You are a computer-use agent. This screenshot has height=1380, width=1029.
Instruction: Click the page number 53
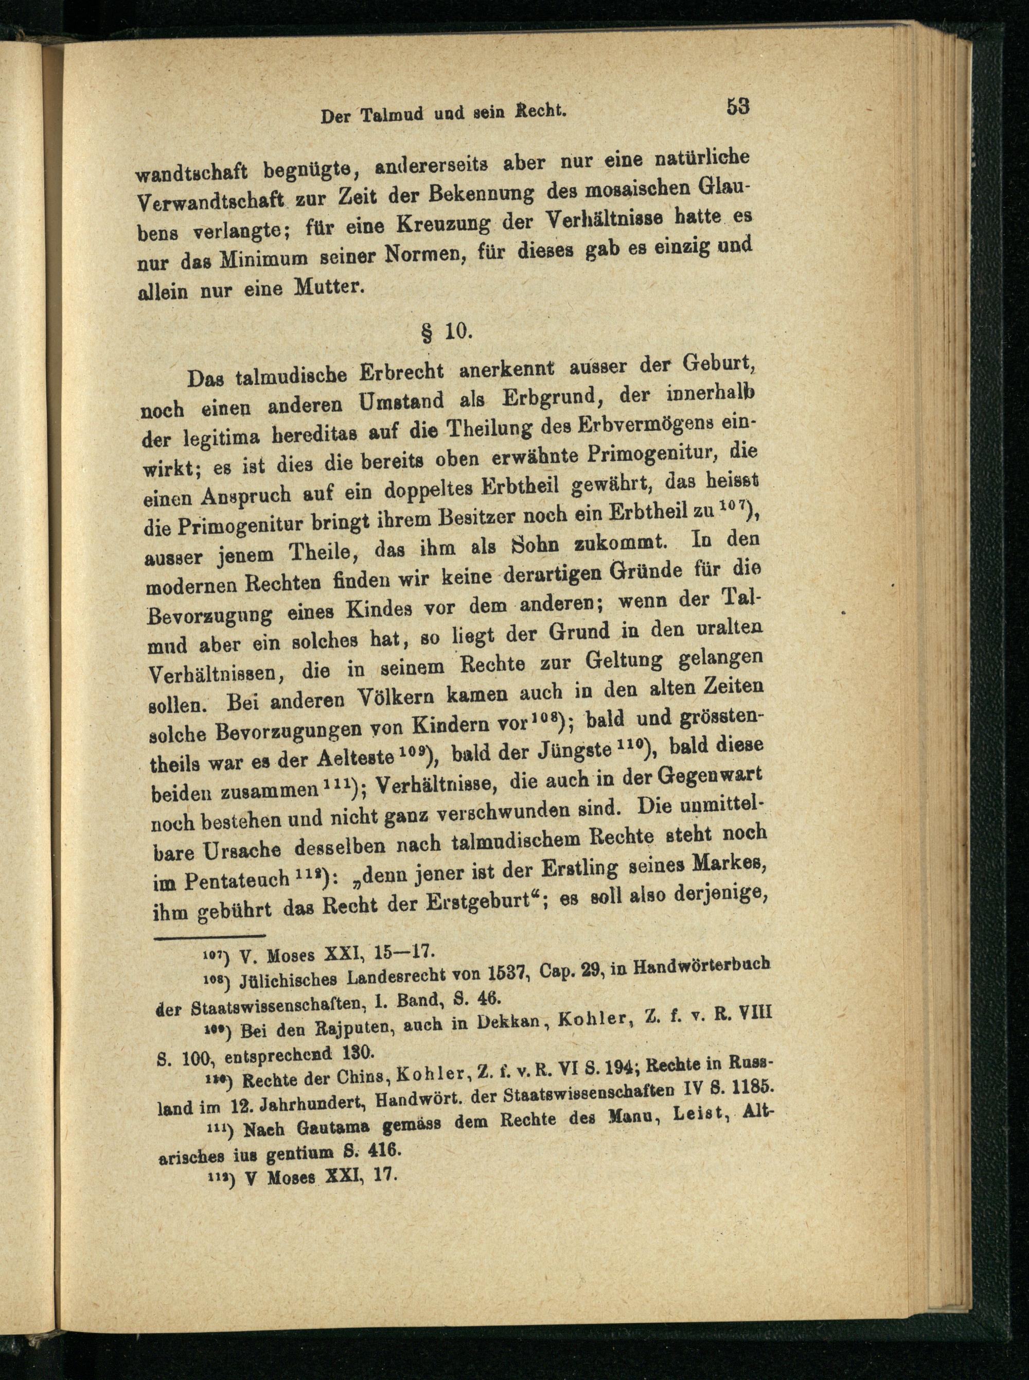point(737,106)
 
